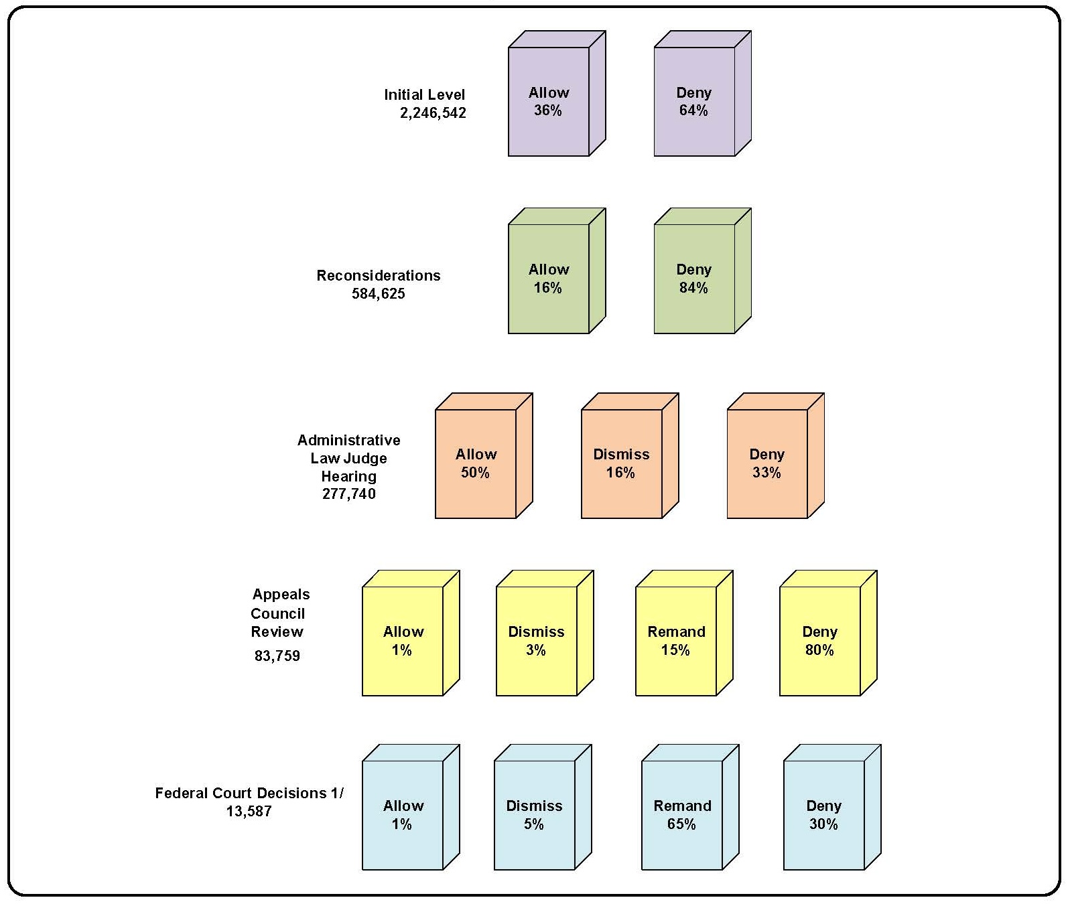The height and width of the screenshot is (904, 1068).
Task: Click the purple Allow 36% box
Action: [x=549, y=102]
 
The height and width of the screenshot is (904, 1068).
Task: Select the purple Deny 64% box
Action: [x=694, y=102]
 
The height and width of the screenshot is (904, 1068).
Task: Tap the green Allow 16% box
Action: [x=549, y=279]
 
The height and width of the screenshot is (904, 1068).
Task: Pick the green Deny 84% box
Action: [x=694, y=279]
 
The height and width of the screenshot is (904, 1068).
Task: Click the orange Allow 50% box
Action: [x=476, y=463]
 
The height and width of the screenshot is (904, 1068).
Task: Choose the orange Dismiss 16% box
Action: [x=622, y=463]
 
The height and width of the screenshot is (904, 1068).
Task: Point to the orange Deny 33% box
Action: [x=767, y=463]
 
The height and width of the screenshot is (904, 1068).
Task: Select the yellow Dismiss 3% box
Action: [x=536, y=641]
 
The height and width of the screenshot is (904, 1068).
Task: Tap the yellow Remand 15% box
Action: [x=676, y=641]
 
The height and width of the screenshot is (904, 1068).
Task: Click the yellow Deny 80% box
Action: [x=819, y=641]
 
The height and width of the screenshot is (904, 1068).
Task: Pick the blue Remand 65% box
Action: [x=682, y=815]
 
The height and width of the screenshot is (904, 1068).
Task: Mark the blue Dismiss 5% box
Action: [x=534, y=815]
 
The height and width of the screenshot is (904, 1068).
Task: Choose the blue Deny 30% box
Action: [x=823, y=815]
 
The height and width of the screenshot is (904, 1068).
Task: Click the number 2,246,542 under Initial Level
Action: [x=433, y=113]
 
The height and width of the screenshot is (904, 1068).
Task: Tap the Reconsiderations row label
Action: [x=379, y=275]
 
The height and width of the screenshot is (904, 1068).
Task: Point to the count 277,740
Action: [x=349, y=494]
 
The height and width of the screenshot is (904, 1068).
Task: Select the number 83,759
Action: [x=277, y=656]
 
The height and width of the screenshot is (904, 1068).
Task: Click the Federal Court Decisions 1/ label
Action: [x=249, y=793]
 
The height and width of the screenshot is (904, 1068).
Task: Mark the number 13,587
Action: [x=249, y=812]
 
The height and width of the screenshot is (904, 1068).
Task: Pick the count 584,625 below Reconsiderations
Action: [x=379, y=293]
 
